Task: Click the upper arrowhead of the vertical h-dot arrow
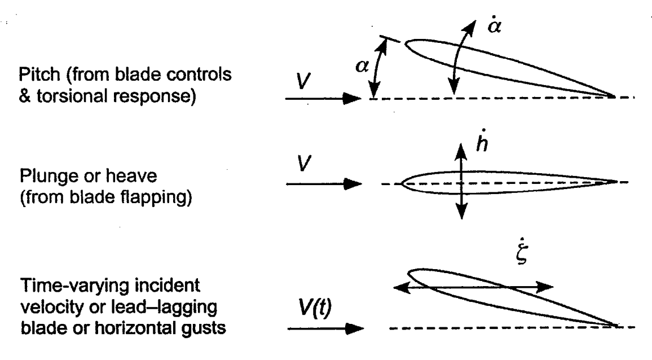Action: [462, 150]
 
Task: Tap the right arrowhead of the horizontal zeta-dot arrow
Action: [546, 287]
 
